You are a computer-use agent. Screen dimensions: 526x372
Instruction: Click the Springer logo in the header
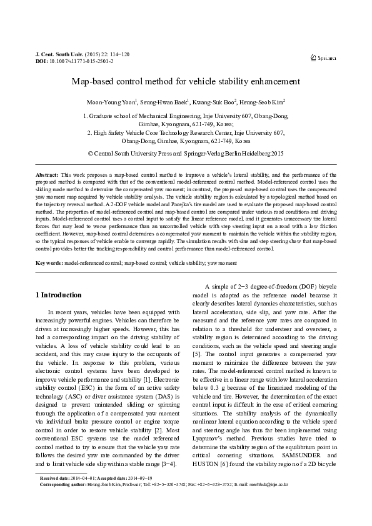point(323,57)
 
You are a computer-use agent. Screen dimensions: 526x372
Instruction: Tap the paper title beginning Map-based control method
point(186,82)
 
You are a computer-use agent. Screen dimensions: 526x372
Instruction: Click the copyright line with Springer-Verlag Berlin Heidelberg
point(186,152)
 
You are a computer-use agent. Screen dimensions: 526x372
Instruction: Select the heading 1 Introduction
point(58,295)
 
